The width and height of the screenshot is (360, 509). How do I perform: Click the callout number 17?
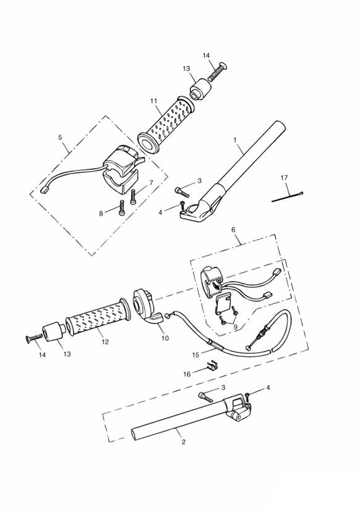(284, 177)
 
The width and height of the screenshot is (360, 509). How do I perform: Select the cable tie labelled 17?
(287, 197)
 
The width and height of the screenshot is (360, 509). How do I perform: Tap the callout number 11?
(154, 101)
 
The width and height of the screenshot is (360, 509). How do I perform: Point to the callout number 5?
(60, 137)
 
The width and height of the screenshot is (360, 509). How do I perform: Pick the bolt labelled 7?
(133, 197)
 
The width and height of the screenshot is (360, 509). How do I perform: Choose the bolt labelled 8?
(122, 207)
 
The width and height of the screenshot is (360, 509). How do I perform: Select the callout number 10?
(165, 339)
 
